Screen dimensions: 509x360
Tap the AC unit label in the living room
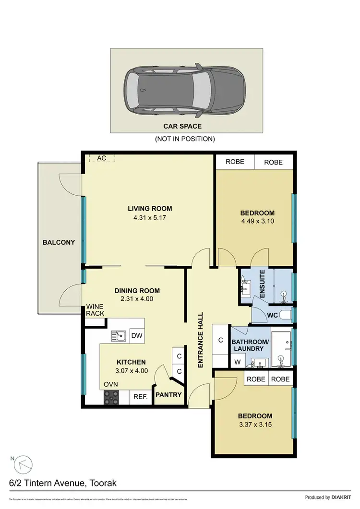(x=101, y=158)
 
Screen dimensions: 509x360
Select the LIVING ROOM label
(x=149, y=209)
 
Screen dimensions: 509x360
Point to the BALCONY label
(x=59, y=242)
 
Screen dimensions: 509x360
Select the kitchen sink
(x=119, y=336)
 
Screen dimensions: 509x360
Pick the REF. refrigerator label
(x=140, y=397)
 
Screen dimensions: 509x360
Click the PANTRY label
(x=168, y=395)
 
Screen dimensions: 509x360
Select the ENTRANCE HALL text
(x=201, y=340)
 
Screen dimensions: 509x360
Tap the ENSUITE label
(x=262, y=284)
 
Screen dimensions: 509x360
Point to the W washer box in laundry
(x=237, y=361)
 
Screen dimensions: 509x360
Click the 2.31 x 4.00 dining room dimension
(x=137, y=299)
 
